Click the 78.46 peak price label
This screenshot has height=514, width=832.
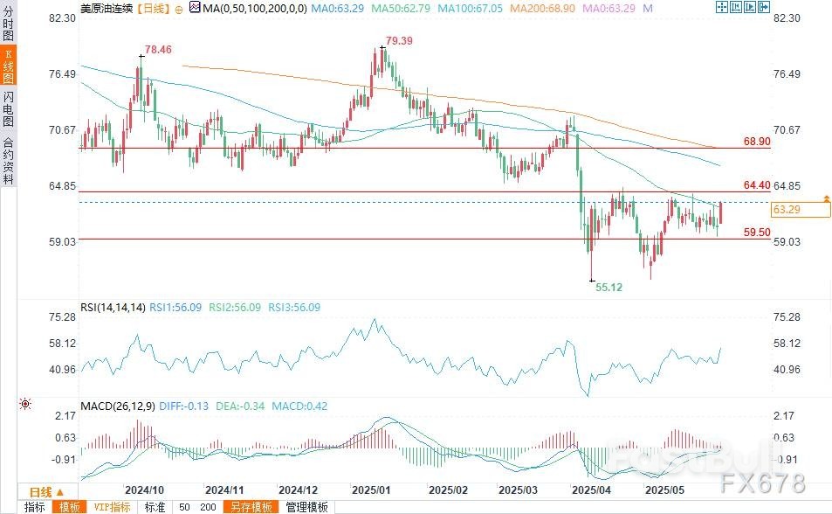pyautogui.click(x=158, y=51)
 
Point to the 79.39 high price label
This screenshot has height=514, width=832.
pyautogui.click(x=399, y=41)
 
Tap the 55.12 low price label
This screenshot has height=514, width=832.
pyautogui.click(x=609, y=287)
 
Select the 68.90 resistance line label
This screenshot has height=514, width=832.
pyautogui.click(x=756, y=141)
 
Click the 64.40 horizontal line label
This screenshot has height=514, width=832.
pyautogui.click(x=756, y=185)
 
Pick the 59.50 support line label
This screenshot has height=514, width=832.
pyautogui.click(x=756, y=233)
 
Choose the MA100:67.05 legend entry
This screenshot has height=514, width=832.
pyautogui.click(x=470, y=8)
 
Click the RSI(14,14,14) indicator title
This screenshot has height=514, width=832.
pyautogui.click(x=113, y=307)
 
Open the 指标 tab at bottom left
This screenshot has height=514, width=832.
pyautogui.click(x=35, y=507)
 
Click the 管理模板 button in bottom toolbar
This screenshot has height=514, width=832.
pyautogui.click(x=306, y=507)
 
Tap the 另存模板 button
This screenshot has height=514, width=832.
pyautogui.click(x=250, y=507)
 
